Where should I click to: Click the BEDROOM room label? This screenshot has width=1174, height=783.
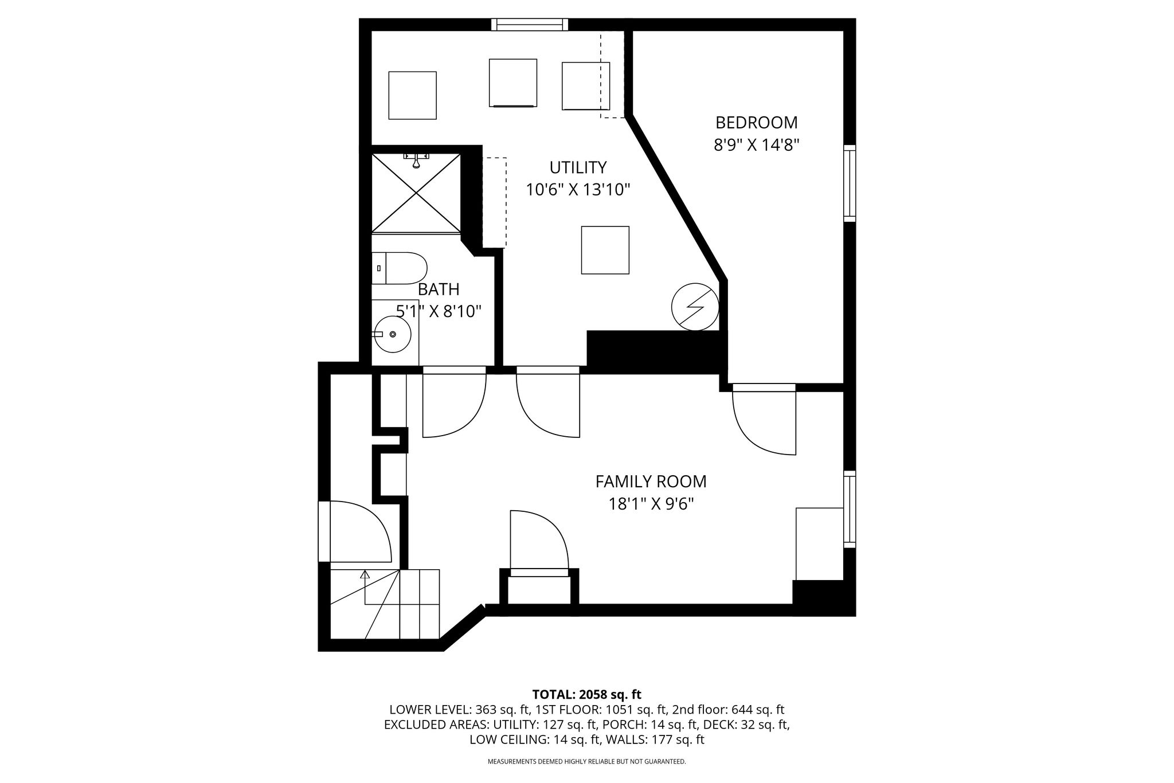(756, 123)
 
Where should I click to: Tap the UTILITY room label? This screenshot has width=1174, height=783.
(578, 167)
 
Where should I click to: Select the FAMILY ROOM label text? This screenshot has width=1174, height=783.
(651, 481)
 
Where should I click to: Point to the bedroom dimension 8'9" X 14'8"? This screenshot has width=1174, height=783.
(756, 144)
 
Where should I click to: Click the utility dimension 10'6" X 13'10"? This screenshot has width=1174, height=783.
(578, 189)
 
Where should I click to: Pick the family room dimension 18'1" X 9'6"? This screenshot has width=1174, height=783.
(651, 504)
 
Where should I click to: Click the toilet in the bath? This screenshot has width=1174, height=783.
(400, 268)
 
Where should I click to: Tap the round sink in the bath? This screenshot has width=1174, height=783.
(393, 334)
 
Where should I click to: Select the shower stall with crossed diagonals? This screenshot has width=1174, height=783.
(416, 193)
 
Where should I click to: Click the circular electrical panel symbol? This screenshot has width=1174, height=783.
(695, 307)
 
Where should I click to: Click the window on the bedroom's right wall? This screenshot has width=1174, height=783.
(850, 183)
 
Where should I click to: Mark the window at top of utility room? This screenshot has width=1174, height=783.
(530, 25)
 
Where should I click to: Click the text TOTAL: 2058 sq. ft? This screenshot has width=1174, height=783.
(587, 695)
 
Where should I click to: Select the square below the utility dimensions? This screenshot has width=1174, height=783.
(605, 250)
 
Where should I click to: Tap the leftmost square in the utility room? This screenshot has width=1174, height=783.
(413, 96)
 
